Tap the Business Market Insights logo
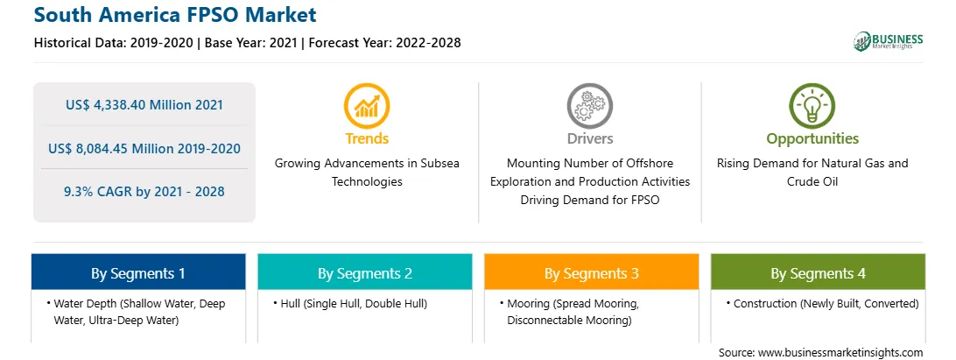(x=888, y=41)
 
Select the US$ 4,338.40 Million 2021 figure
(x=144, y=105)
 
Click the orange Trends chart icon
(x=367, y=106)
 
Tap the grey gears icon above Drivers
(x=589, y=106)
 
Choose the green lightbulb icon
(x=812, y=106)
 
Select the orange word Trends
(x=367, y=138)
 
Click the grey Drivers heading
(x=589, y=138)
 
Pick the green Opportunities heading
(x=812, y=139)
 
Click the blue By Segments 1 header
(x=138, y=272)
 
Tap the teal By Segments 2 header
(x=364, y=272)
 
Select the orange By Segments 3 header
(x=592, y=272)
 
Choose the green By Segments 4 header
(x=818, y=272)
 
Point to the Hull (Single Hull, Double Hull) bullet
(x=350, y=303)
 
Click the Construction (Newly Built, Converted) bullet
(x=822, y=303)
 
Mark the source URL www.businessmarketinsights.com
(x=840, y=352)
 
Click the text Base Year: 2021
(x=250, y=43)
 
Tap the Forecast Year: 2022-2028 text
(x=384, y=43)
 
